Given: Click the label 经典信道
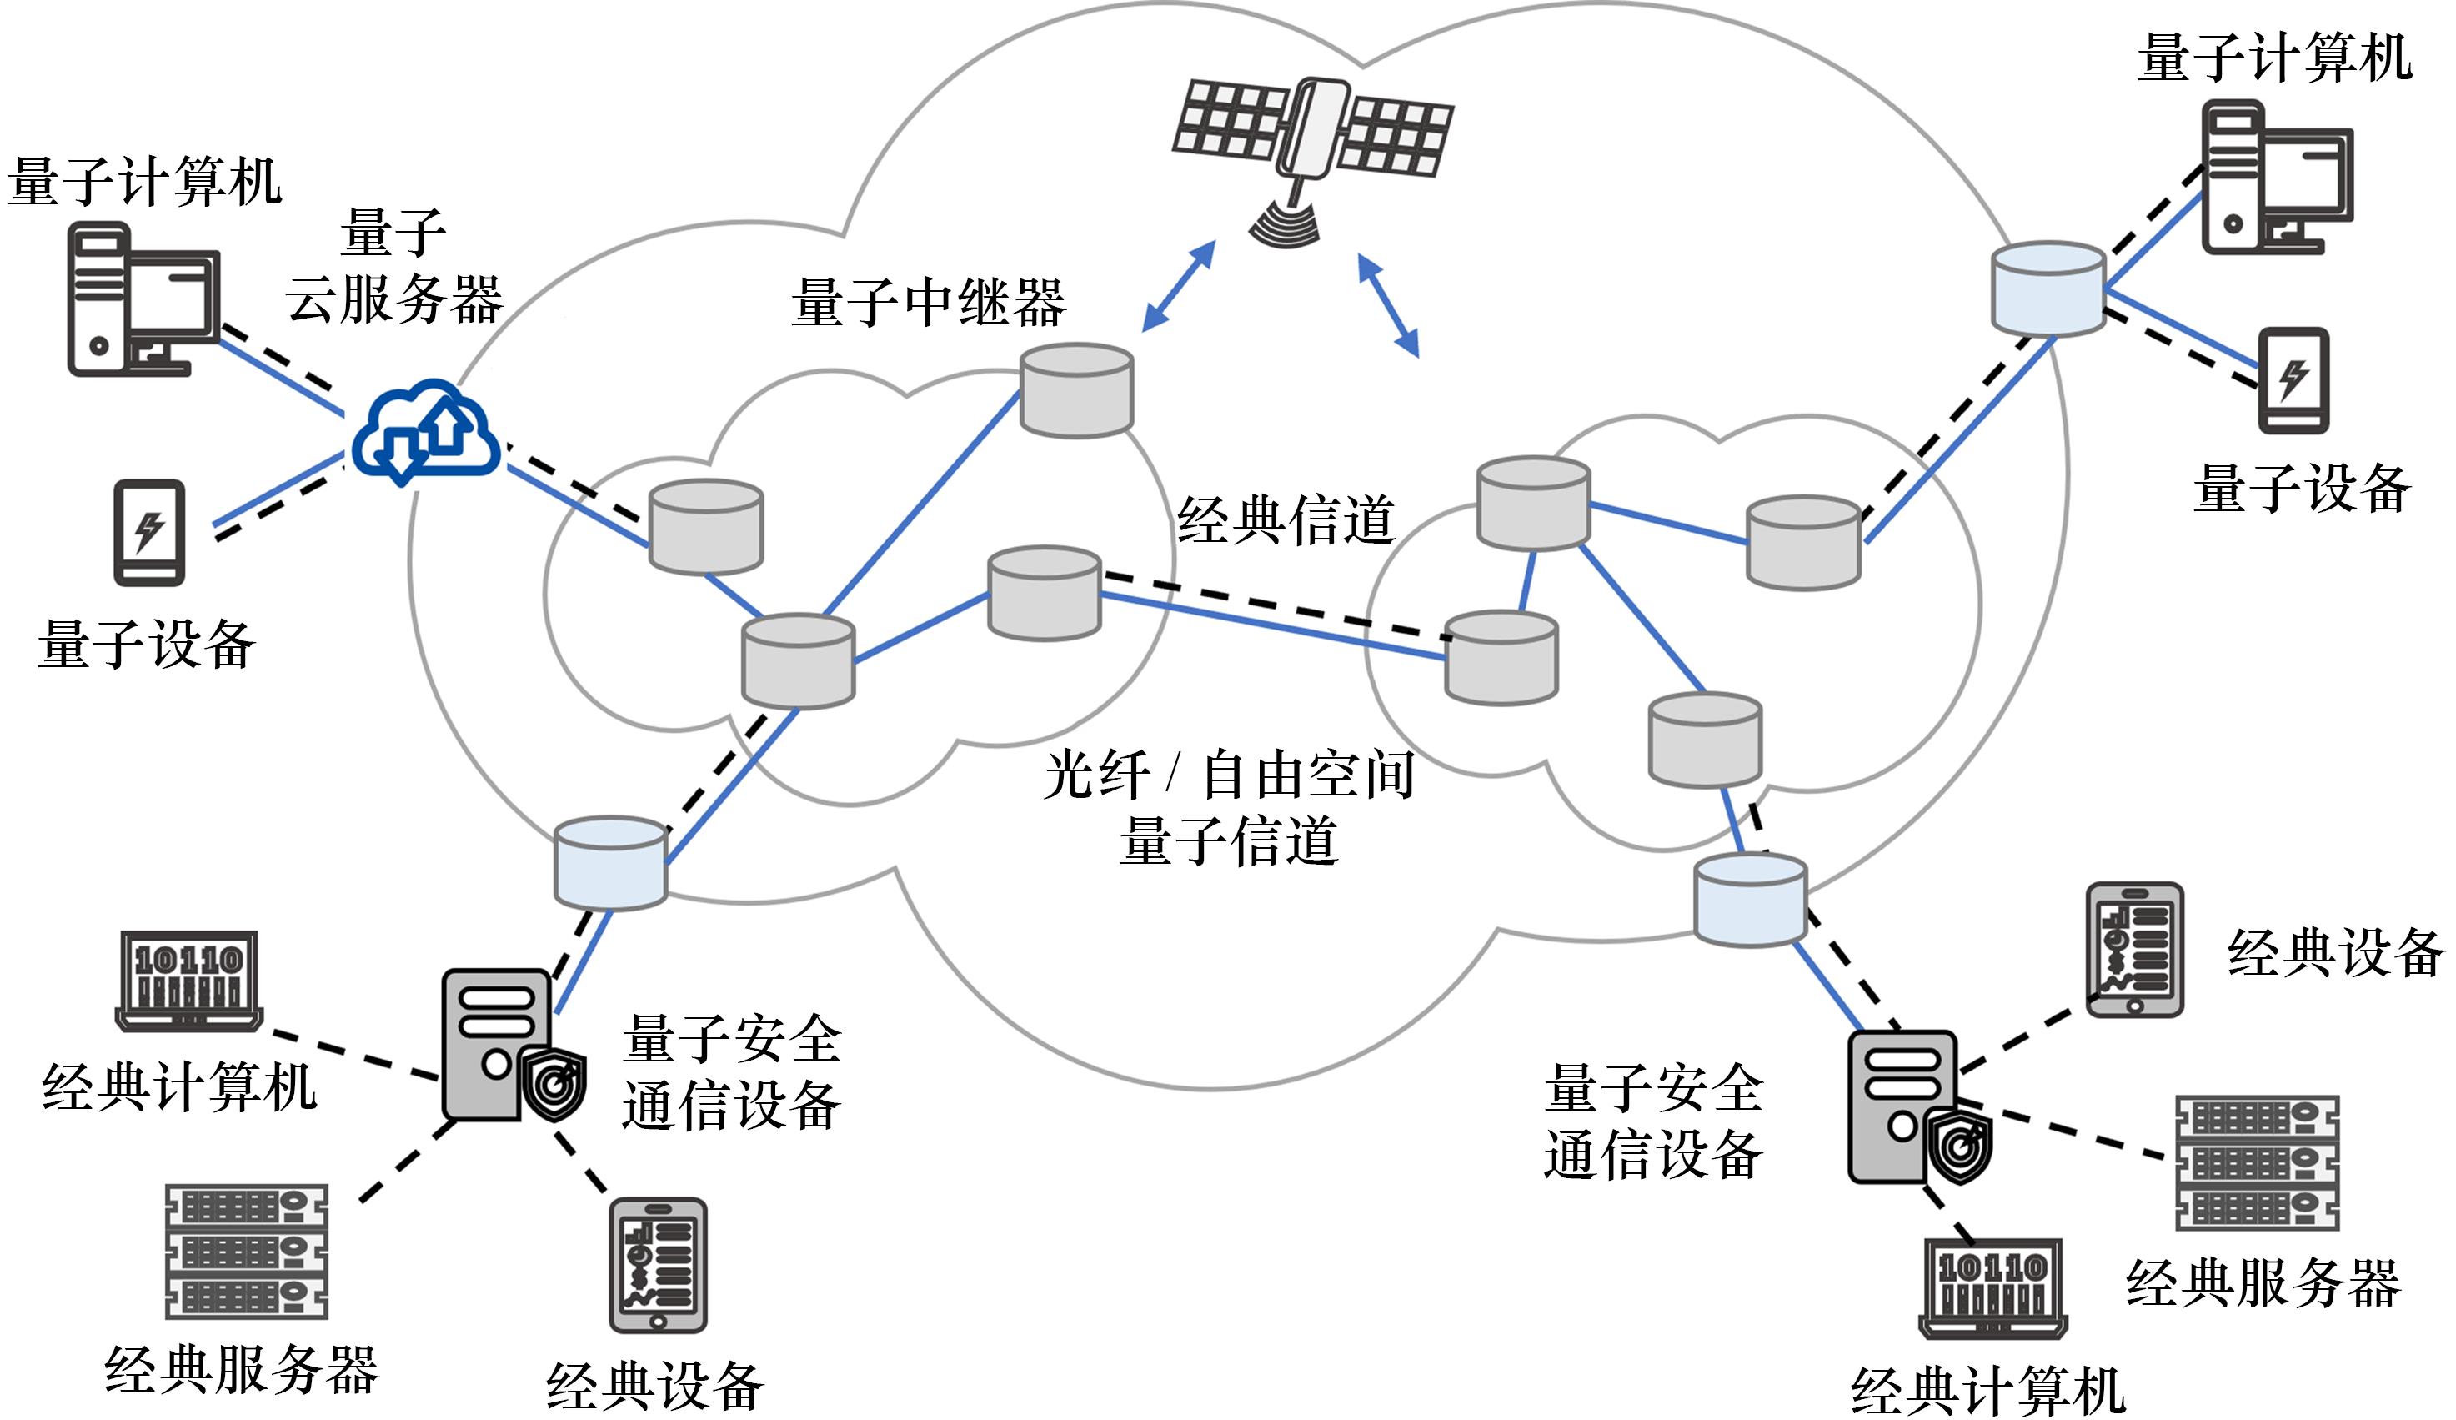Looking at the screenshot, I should pyautogui.click(x=1286, y=519).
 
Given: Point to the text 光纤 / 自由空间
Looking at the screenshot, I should pyautogui.click(x=1228, y=775).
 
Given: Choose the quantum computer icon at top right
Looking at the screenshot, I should pyautogui.click(x=2277, y=178).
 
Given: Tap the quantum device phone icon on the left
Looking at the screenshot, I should pyautogui.click(x=149, y=532).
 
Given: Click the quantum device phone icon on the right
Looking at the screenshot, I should pyautogui.click(x=2293, y=380).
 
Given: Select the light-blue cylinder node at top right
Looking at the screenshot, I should pyautogui.click(x=2047, y=288).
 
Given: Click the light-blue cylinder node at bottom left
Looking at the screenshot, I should pyautogui.click(x=610, y=862).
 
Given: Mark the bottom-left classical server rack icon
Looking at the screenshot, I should pyautogui.click(x=247, y=1251).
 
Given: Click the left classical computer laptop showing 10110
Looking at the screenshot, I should pyautogui.click(x=189, y=981).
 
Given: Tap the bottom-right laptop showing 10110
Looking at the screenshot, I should pyautogui.click(x=1992, y=1287).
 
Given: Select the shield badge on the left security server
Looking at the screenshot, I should pyautogui.click(x=554, y=1085).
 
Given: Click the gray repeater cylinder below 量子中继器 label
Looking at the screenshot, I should pyautogui.click(x=1076, y=390).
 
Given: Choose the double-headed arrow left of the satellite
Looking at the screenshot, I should pyautogui.click(x=1180, y=285).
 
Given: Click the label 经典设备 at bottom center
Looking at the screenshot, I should pyautogui.click(x=655, y=1385).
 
